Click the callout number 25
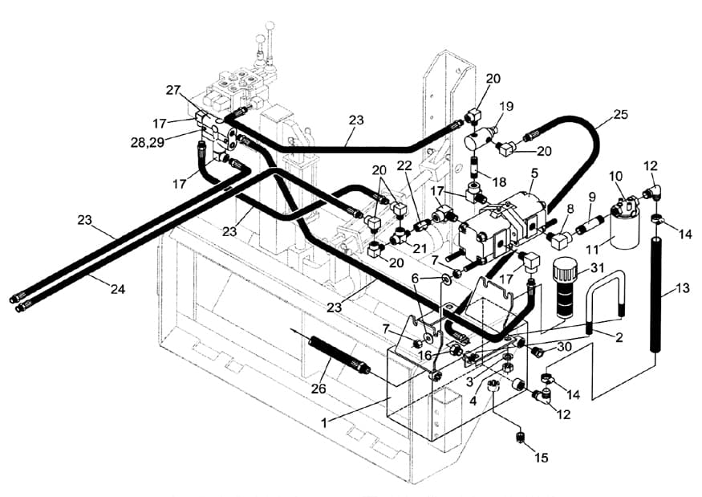point(620,114)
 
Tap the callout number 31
point(597,268)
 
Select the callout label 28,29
point(148,142)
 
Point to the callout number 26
point(319,388)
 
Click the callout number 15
point(541,458)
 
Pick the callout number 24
point(118,290)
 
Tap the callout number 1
point(325,422)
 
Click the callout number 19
point(506,107)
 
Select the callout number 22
point(404,165)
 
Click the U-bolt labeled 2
point(605,299)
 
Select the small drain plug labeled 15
point(519,438)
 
